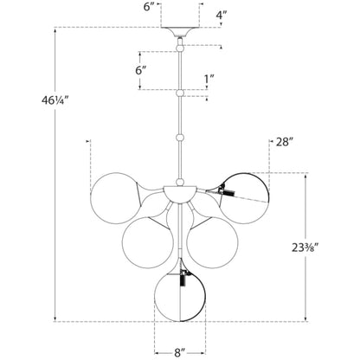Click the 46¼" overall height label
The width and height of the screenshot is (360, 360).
click(x=55, y=100)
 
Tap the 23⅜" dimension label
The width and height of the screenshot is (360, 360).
click(x=306, y=247)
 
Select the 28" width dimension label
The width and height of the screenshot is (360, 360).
click(x=285, y=142)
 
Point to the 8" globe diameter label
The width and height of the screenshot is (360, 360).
click(x=180, y=352)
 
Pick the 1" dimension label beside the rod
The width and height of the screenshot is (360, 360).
click(x=209, y=80)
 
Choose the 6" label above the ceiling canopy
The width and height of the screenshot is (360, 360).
click(x=149, y=7)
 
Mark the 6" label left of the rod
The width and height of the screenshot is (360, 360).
click(x=142, y=70)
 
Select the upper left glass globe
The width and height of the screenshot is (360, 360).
click(x=116, y=198)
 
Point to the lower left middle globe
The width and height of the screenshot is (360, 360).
click(x=148, y=242)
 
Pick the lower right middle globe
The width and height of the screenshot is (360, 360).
click(x=213, y=242)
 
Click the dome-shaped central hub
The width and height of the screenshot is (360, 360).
click(x=180, y=194)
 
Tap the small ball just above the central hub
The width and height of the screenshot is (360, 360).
click(x=180, y=182)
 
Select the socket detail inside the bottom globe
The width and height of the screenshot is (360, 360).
click(x=183, y=278)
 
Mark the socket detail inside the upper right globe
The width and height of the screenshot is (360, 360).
click(x=226, y=190)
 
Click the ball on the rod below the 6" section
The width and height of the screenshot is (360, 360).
click(x=180, y=93)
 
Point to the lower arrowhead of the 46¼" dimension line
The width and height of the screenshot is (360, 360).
click(x=55, y=319)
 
